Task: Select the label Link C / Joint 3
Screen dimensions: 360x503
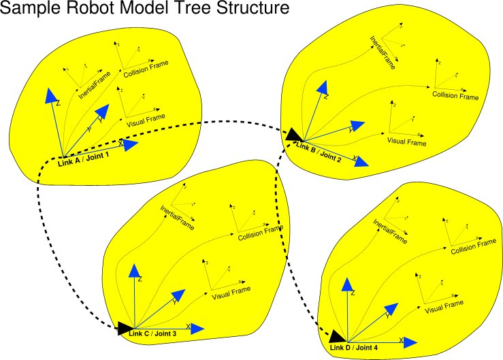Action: tap(152, 333)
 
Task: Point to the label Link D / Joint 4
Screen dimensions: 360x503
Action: tap(353, 348)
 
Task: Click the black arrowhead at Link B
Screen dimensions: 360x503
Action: tap(293, 135)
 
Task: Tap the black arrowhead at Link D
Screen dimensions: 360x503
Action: tap(336, 336)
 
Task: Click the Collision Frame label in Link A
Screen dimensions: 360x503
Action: tap(146, 69)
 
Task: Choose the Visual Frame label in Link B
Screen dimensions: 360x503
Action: tap(406, 142)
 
